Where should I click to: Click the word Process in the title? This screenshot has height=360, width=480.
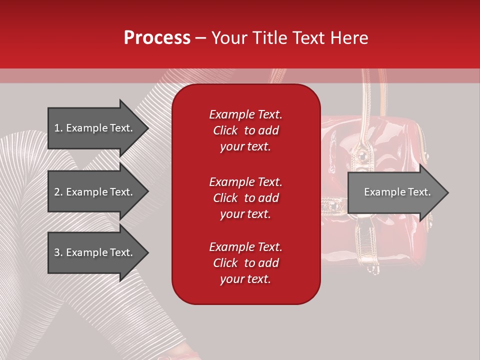tap(157, 38)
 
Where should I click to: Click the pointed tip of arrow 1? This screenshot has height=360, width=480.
tap(147, 128)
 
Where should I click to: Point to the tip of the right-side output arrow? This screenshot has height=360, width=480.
tap(447, 192)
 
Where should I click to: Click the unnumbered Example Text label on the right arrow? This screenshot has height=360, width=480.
tap(397, 192)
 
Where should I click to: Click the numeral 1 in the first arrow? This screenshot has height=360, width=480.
tap(56, 128)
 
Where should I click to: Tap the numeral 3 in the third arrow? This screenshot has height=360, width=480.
tap(56, 252)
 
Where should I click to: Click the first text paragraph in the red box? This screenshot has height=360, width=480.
tap(245, 130)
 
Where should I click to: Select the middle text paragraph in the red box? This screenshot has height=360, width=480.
tap(245, 198)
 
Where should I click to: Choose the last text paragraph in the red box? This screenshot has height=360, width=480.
tap(245, 263)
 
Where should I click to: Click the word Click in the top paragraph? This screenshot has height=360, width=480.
tap(225, 130)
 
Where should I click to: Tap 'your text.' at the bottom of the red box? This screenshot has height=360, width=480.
tap(245, 279)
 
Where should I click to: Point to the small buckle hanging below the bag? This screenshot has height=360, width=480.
tap(372, 270)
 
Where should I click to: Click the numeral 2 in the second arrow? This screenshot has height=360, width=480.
tap(56, 192)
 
